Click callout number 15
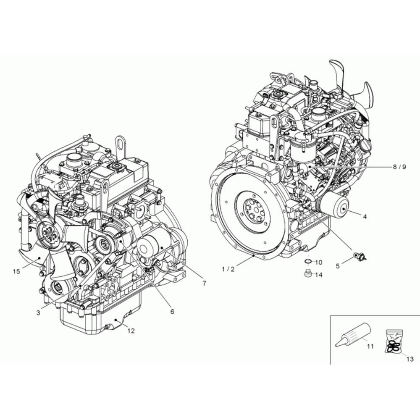point(17,272)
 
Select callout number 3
point(38,312)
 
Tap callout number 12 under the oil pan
point(131,331)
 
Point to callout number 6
point(172,311)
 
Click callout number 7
point(205,283)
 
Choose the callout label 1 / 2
point(228,270)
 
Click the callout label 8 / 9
point(399,167)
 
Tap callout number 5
point(338,266)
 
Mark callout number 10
point(319,262)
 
